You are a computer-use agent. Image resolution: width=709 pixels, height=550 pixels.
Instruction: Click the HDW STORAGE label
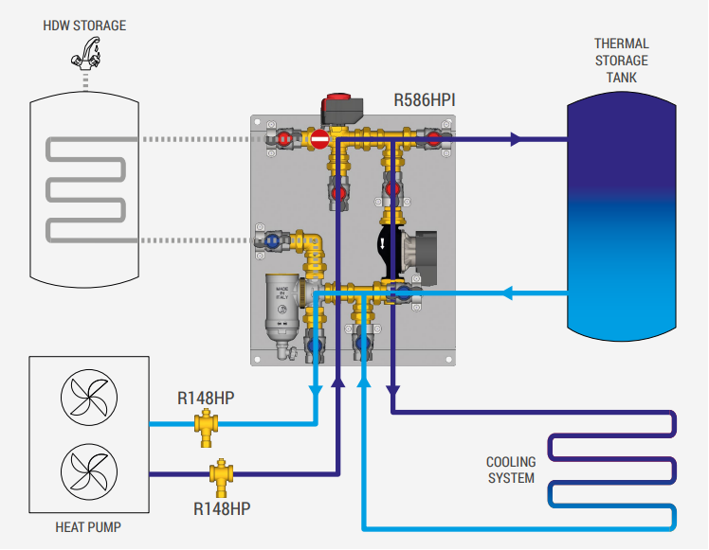point(84,25)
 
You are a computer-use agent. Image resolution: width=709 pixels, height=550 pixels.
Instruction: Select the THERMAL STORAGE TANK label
point(621,60)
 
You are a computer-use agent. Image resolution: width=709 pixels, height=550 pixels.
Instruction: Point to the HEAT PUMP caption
point(88,526)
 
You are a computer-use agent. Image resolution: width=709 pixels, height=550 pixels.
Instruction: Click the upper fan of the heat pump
point(88,399)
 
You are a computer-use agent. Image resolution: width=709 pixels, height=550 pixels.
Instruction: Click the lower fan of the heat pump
point(88,470)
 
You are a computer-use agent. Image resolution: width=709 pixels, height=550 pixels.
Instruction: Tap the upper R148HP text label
point(206,398)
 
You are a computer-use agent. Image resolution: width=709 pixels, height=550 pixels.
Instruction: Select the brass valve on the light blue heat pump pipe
point(205,427)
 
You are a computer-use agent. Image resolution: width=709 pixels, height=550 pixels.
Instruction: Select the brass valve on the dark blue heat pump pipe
point(222,472)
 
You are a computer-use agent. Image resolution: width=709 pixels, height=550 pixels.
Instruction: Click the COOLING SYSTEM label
point(511,470)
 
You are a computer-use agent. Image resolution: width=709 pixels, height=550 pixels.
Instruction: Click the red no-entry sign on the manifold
point(319,140)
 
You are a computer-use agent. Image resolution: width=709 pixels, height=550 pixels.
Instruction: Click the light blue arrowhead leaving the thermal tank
point(505,293)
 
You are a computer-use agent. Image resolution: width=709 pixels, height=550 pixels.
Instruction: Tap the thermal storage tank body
point(621,218)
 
